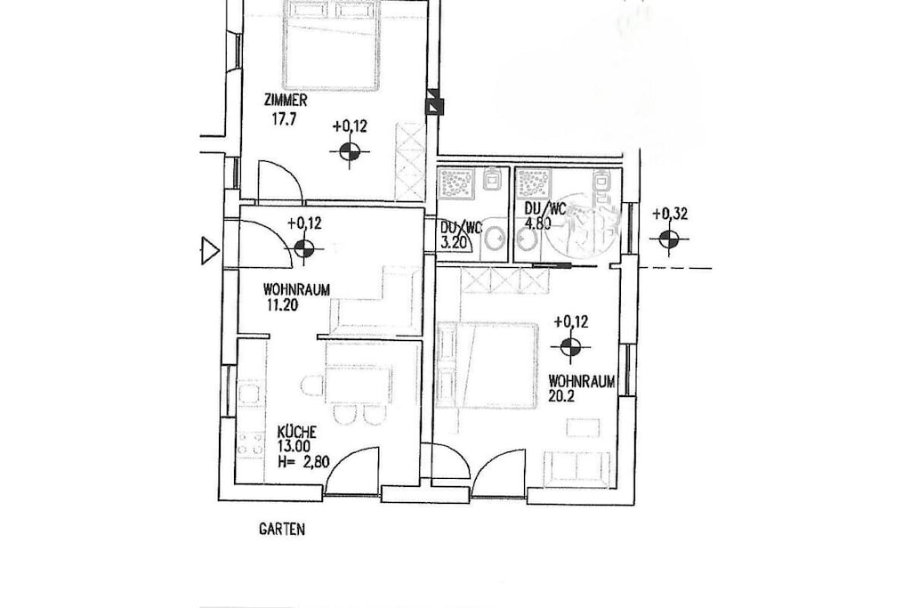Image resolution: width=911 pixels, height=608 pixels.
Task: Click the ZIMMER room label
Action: (x=286, y=101)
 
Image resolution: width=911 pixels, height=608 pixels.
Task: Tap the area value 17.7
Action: (x=284, y=119)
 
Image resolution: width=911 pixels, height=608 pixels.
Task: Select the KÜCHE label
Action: (x=297, y=432)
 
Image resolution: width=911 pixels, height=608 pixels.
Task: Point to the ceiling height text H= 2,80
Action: (x=303, y=463)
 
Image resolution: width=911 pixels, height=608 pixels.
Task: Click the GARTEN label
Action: (x=282, y=529)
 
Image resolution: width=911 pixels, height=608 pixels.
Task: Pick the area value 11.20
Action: (x=282, y=304)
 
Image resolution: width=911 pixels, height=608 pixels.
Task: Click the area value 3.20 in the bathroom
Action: (x=454, y=242)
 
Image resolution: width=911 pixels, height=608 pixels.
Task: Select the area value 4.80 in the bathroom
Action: (x=538, y=223)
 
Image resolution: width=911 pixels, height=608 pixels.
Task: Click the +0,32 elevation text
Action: (x=670, y=214)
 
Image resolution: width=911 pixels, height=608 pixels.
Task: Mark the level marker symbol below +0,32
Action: (x=669, y=239)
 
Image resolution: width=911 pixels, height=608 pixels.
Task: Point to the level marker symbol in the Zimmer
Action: (x=349, y=152)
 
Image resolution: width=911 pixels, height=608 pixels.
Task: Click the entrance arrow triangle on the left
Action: (x=210, y=251)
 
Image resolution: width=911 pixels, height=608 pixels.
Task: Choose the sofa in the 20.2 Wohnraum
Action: (x=577, y=468)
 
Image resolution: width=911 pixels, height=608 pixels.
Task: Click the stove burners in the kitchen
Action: (x=250, y=443)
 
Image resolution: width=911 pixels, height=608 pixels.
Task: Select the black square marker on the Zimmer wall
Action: (x=434, y=106)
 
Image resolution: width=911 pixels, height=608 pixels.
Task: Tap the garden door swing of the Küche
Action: (x=352, y=470)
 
